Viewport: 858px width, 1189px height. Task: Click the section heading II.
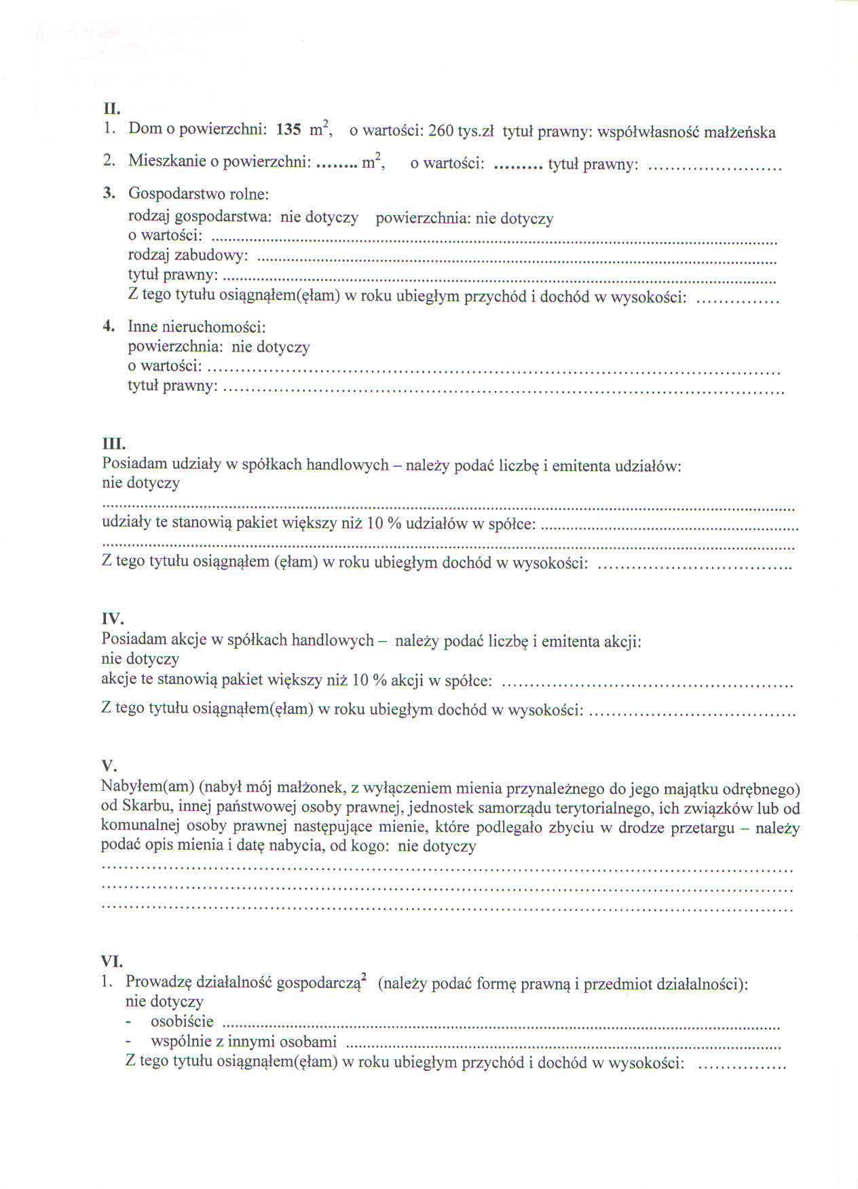click(111, 109)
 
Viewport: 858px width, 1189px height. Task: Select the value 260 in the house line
click(441, 131)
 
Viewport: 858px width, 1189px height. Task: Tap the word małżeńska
click(739, 132)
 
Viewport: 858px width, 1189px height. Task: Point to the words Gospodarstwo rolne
click(198, 194)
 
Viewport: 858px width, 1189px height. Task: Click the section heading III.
click(113, 445)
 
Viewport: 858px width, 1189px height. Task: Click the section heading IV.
click(113, 619)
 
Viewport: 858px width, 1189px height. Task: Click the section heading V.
click(109, 766)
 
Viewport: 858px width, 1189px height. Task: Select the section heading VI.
click(112, 962)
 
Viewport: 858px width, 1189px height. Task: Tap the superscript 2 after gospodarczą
click(365, 977)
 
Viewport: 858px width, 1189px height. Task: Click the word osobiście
click(182, 1021)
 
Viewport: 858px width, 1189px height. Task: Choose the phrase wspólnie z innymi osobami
click(244, 1042)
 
